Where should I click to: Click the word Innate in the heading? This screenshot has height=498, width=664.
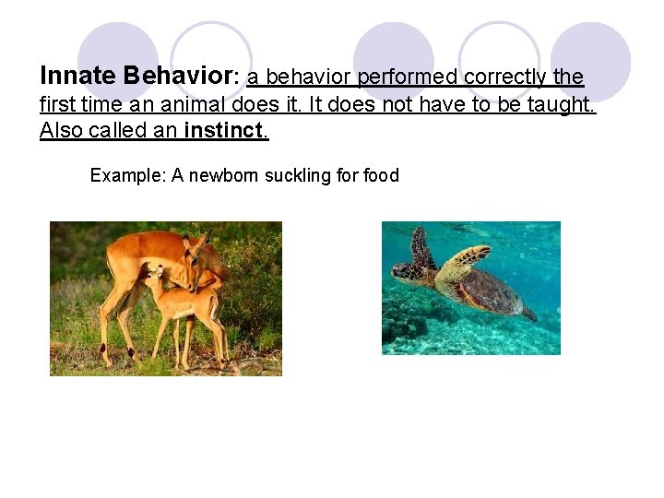(x=77, y=75)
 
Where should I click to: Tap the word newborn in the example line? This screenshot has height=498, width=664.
(x=224, y=175)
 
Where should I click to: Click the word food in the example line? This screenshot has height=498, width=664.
(x=380, y=175)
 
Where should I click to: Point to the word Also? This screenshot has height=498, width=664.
(x=61, y=130)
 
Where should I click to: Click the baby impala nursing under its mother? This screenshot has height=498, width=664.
(x=180, y=304)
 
